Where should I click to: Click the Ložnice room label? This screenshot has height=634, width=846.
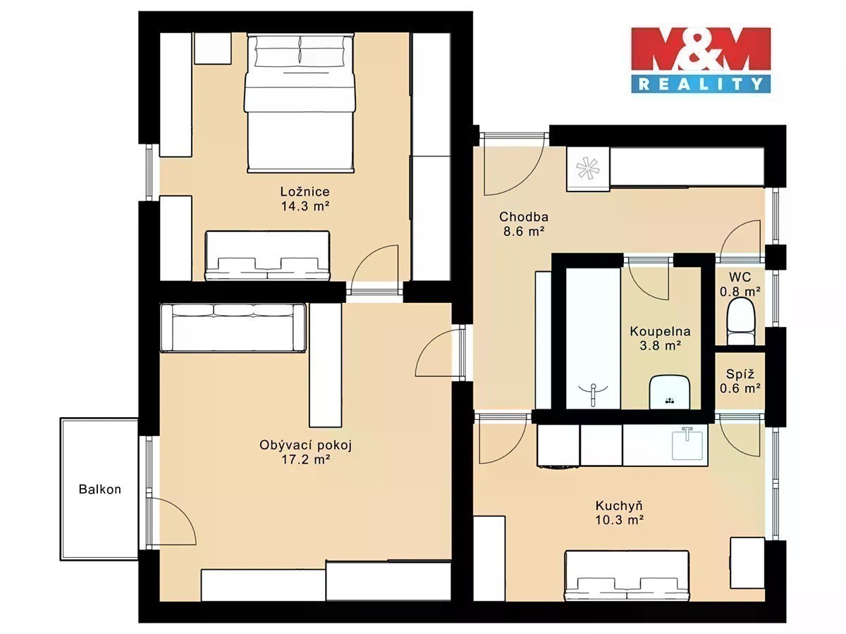tap(305, 192)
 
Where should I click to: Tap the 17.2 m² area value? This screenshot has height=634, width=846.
tap(306, 459)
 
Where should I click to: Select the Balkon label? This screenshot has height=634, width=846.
tap(100, 490)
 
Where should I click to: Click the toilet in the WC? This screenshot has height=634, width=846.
tap(740, 323)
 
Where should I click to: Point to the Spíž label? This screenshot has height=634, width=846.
tap(740, 374)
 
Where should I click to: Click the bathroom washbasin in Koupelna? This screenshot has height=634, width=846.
tap(670, 392)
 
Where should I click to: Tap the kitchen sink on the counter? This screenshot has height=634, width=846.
tap(687, 445)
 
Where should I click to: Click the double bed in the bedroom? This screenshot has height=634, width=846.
tap(300, 103)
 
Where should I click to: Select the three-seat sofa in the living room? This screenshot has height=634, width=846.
tap(233, 328)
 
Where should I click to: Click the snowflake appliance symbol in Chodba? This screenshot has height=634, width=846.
tap(588, 168)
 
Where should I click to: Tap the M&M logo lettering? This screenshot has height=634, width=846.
tap(701, 49)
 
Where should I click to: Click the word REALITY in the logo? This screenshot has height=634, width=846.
tap(701, 84)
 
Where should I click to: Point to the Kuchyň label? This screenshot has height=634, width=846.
tap(620, 505)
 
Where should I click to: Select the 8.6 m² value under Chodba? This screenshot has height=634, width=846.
tap(524, 231)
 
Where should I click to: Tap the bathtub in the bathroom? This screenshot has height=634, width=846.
tap(593, 338)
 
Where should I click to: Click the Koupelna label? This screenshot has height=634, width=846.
tap(660, 331)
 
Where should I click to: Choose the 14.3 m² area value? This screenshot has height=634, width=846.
tap(305, 206)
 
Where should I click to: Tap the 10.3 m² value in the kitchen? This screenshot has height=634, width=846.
tap(620, 520)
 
